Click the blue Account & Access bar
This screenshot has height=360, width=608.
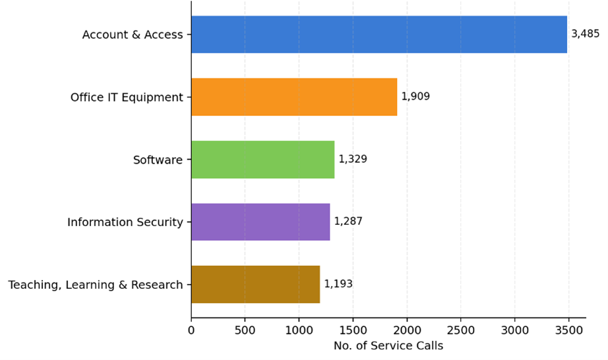click(x=379, y=34)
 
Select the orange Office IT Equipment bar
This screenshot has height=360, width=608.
click(x=294, y=97)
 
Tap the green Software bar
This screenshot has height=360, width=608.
click(x=262, y=160)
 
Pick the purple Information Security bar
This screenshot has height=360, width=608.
click(x=260, y=222)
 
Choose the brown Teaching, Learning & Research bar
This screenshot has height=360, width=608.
click(x=255, y=284)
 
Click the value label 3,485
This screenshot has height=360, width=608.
click(x=585, y=34)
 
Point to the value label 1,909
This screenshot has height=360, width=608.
click(x=415, y=97)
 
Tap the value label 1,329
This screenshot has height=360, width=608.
click(x=353, y=160)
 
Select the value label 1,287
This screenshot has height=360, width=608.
click(x=348, y=222)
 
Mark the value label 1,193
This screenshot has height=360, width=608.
click(x=338, y=284)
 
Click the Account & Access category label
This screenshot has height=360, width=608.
click(x=133, y=35)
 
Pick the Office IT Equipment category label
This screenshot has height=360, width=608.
click(x=127, y=98)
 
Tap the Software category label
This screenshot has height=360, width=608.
click(x=158, y=160)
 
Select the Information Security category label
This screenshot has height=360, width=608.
click(x=125, y=223)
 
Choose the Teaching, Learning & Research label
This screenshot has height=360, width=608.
click(x=96, y=285)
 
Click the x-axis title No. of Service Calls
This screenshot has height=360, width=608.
click(x=388, y=346)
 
